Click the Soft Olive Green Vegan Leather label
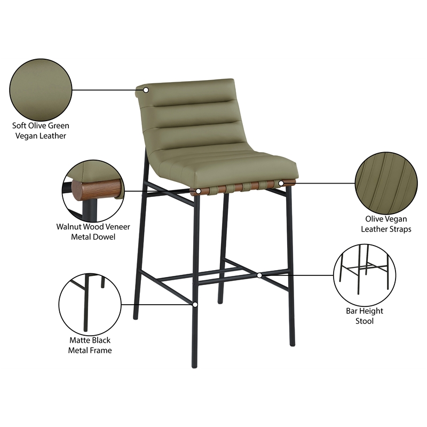click(41, 131)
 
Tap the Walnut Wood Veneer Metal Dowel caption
click(93, 232)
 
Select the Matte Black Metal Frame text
click(89, 345)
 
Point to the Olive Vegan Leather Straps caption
click(385, 224)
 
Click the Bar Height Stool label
click(365, 316)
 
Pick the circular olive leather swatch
click(41, 89)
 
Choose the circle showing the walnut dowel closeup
click(93, 190)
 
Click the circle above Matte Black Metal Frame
click(89, 303)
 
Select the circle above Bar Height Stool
click(364, 274)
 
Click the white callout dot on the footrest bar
click(259, 275)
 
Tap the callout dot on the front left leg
click(195, 305)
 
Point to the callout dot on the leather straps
click(281, 184)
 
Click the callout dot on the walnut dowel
click(198, 191)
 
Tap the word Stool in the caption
click(365, 321)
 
